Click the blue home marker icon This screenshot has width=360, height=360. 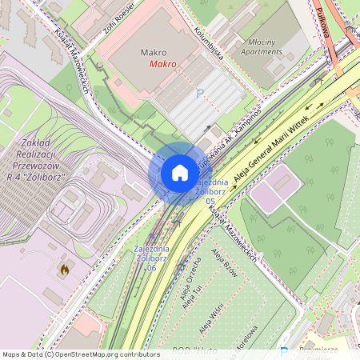[180, 173]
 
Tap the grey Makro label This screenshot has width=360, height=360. [154, 52]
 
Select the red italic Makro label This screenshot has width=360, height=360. [163, 64]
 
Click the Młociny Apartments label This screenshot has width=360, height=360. [262, 46]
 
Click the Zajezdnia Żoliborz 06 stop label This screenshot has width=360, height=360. [145, 258]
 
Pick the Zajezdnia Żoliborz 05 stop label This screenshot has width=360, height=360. [210, 191]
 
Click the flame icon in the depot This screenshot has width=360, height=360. [64, 271]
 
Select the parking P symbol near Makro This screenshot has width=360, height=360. [200, 94]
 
